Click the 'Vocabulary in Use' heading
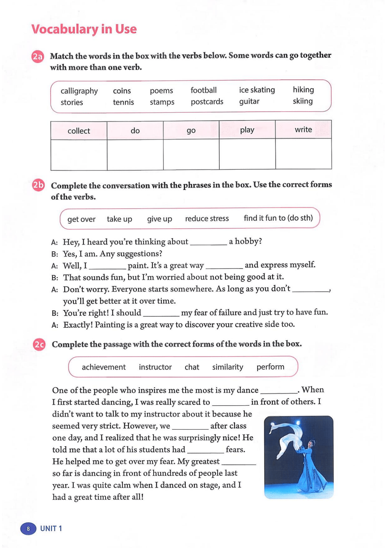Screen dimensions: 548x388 point(84,29)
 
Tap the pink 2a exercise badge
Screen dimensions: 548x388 point(37,57)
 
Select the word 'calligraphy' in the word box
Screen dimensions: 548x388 point(79,91)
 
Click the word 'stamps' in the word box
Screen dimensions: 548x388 point(162,102)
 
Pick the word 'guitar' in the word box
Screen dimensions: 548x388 point(249,101)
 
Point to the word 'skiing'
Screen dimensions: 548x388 point(303,101)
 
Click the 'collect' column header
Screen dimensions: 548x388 point(79,131)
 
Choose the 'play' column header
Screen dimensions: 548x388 point(247,130)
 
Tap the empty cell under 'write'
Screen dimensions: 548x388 point(303,154)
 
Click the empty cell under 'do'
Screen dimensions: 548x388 point(135,155)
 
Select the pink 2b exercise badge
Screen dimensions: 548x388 point(38,185)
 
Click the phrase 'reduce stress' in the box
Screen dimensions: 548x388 point(207,219)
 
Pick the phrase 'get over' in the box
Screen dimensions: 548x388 point(81,219)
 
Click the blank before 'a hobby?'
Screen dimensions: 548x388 point(208,242)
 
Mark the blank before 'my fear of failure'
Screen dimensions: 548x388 point(161,314)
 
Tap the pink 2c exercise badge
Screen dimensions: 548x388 point(39,345)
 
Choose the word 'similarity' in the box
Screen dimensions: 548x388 point(228,367)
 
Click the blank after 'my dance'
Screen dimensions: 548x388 point(279,391)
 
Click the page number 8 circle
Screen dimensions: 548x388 point(28,528)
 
